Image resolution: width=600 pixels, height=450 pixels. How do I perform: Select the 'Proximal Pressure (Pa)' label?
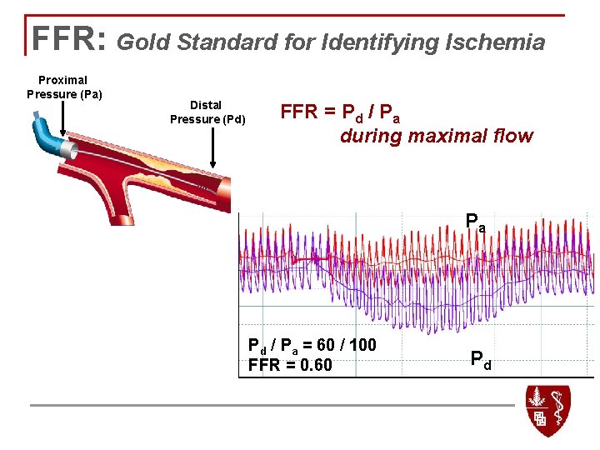point(64,87)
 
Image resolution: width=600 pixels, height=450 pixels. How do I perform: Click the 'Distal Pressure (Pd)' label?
point(207,112)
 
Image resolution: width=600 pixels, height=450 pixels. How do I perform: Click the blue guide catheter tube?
point(47,137)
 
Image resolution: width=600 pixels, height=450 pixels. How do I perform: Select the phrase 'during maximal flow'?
point(436,136)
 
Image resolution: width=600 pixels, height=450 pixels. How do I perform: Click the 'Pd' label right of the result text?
point(481,361)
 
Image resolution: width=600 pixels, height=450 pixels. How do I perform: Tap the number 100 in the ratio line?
point(360,345)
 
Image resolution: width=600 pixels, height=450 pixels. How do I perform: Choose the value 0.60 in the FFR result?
point(316,365)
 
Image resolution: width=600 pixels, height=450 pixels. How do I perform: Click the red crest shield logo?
point(547,409)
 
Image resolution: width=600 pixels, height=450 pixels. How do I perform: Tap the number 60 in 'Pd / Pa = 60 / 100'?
point(323,345)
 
